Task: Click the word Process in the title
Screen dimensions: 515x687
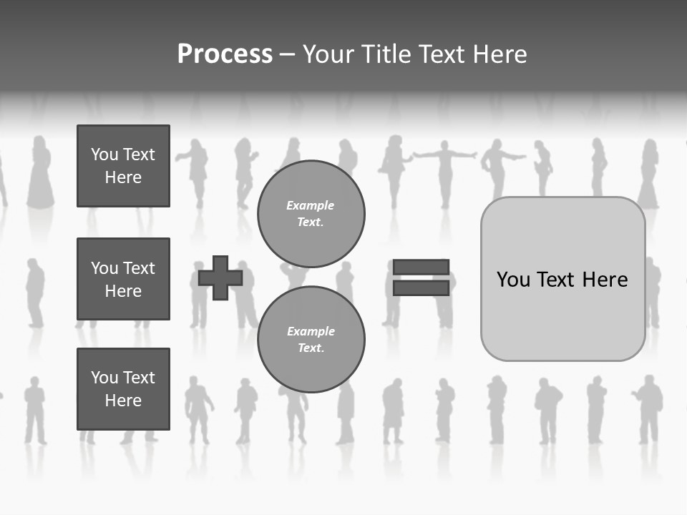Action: pos(225,54)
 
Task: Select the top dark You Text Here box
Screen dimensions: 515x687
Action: pos(123,166)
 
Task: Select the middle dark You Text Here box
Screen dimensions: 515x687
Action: pos(123,279)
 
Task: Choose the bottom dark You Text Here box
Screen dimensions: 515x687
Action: pos(123,388)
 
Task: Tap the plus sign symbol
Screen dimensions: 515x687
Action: pos(220,278)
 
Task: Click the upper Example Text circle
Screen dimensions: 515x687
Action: pos(311,214)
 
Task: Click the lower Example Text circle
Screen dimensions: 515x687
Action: pos(311,340)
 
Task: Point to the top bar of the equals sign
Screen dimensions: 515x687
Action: pos(421,267)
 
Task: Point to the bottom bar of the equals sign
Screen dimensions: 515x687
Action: pos(421,288)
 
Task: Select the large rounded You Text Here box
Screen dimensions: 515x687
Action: pos(562,279)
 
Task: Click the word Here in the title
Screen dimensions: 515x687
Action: pos(499,54)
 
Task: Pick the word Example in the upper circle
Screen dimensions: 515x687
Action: pos(311,205)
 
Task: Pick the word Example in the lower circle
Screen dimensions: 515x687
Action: pos(311,331)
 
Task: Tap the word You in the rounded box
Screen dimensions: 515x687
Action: pos(513,280)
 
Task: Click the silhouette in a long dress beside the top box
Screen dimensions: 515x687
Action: pos(40,175)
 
